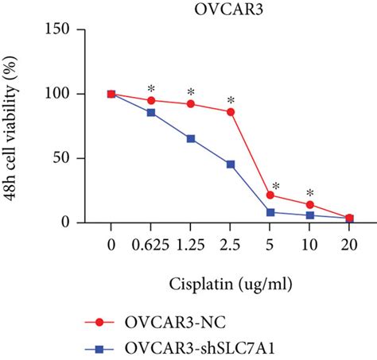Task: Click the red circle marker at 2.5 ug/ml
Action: click(231, 112)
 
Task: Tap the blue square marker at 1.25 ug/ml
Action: click(191, 138)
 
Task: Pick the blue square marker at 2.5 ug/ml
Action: click(231, 165)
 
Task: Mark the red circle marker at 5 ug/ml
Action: click(270, 195)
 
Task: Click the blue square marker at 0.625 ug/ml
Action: click(151, 112)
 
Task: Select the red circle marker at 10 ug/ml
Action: click(310, 204)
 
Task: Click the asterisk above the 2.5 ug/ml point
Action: click(231, 100)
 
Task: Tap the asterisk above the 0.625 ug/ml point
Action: click(151, 88)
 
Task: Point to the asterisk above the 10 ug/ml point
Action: click(310, 192)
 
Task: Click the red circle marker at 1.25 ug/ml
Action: click(191, 104)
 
